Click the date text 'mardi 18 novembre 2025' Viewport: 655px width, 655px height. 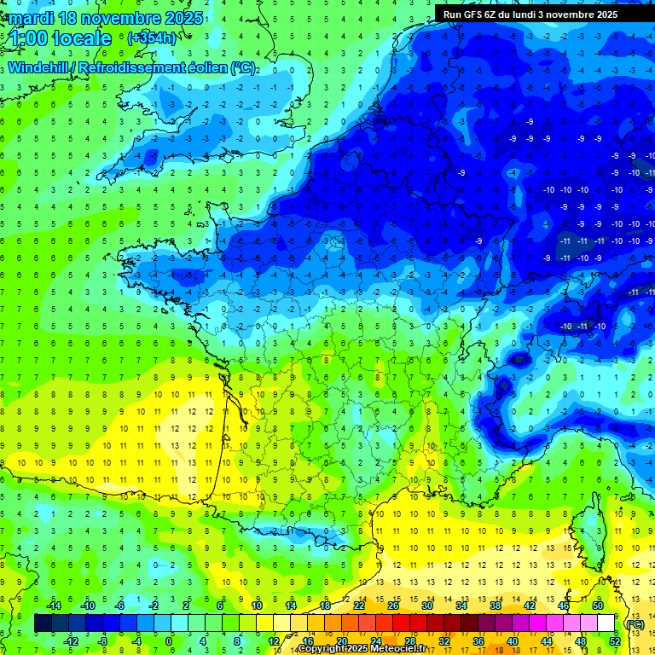click(x=106, y=18)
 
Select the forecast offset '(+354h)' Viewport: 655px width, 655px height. click(x=151, y=38)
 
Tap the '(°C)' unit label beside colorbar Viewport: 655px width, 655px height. click(x=634, y=624)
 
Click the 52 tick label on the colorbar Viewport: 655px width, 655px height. click(x=615, y=641)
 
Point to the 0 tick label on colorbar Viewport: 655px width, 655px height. click(x=168, y=641)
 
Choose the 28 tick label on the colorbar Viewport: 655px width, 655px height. click(x=409, y=641)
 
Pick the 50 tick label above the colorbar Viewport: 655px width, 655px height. click(x=597, y=606)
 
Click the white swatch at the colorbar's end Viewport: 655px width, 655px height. click(x=606, y=623)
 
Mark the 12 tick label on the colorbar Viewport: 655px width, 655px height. click(x=273, y=641)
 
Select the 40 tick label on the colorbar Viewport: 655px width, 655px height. click(x=513, y=641)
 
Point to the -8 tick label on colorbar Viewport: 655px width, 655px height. click(x=102, y=641)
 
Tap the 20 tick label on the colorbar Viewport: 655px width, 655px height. click(x=341, y=641)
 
